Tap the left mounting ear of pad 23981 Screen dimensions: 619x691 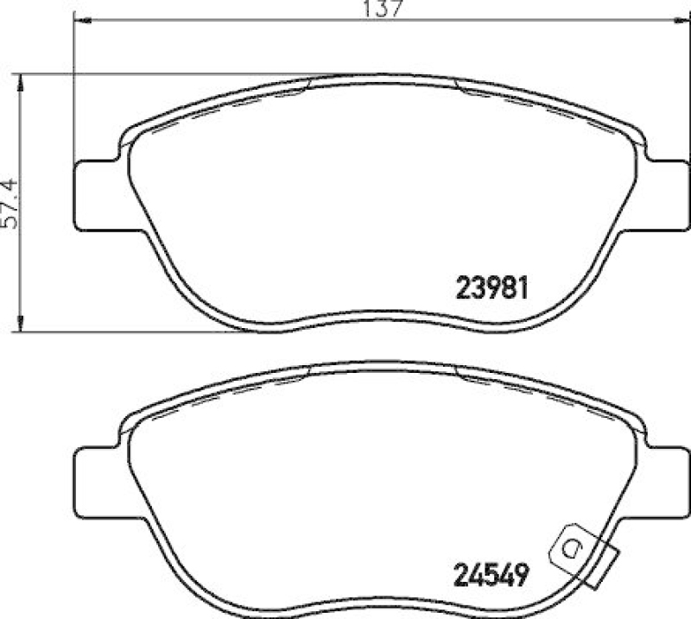pyautogui.click(x=98, y=195)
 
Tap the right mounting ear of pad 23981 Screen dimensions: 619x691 pyautogui.click(x=666, y=195)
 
